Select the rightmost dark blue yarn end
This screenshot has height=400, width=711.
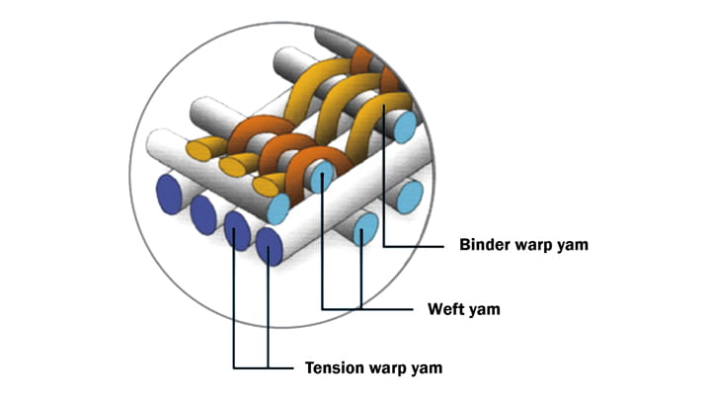tap(270, 244)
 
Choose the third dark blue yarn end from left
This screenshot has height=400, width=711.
tap(237, 229)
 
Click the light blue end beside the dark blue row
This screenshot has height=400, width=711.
tap(278, 208)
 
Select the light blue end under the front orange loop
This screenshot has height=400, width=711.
tap(322, 178)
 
